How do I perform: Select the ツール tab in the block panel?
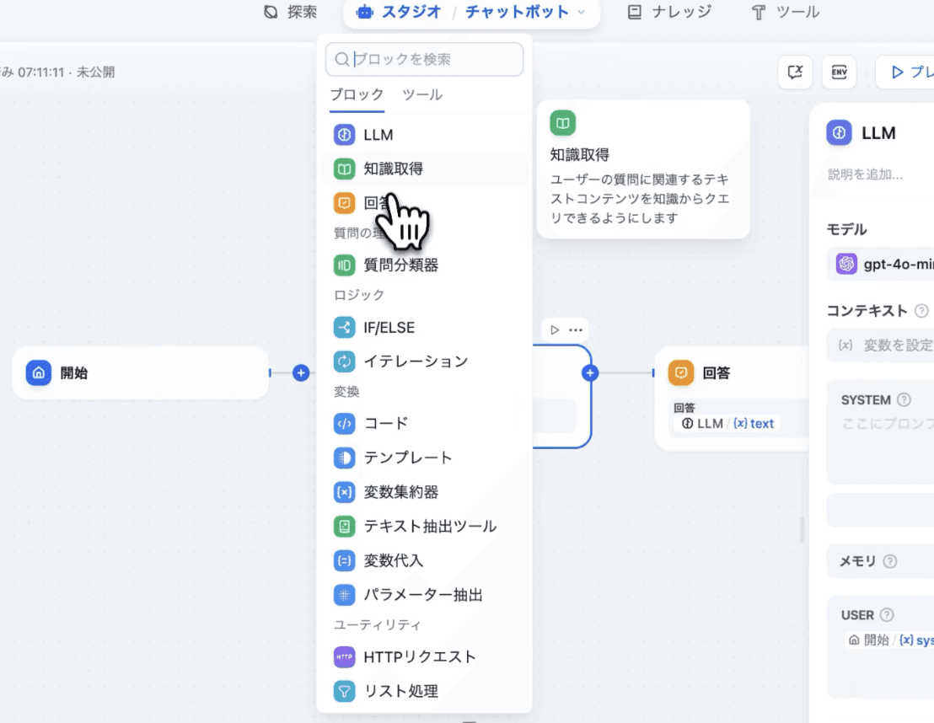tap(421, 95)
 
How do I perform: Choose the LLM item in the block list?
tap(378, 135)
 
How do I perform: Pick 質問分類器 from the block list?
tap(400, 265)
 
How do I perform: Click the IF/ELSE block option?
tap(389, 328)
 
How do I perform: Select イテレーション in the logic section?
tap(415, 361)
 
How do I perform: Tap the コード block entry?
tap(385, 424)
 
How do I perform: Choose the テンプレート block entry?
tap(408, 458)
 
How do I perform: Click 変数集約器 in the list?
tap(400, 492)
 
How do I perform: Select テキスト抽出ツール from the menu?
tap(430, 527)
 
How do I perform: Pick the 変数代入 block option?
tap(393, 560)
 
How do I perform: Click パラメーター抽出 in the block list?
tap(423, 595)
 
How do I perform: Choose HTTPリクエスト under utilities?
tap(420, 657)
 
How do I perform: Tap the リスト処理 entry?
tap(400, 692)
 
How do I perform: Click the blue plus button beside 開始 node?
tap(301, 372)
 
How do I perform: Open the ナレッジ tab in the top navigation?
tap(669, 12)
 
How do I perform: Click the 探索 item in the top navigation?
tap(291, 12)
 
